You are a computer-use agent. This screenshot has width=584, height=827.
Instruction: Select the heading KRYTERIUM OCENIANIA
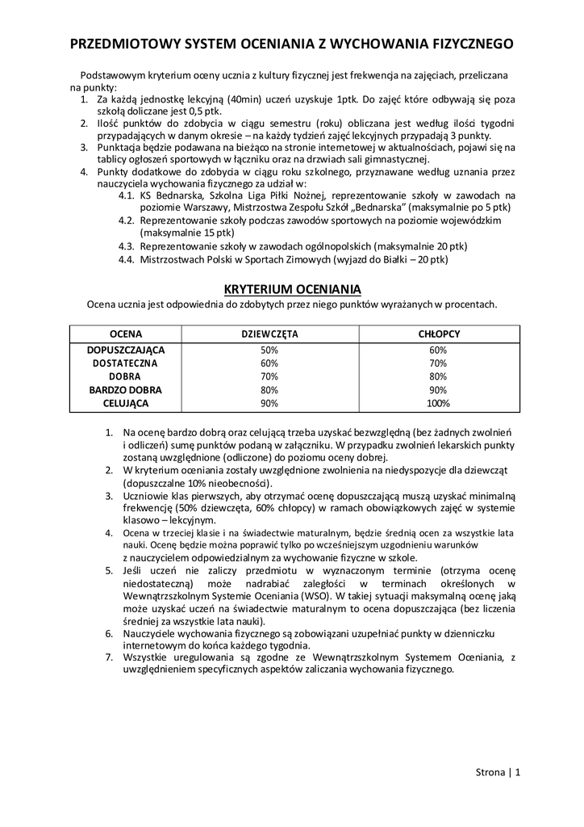tap(291, 289)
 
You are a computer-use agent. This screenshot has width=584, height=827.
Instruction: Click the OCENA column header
tap(125, 334)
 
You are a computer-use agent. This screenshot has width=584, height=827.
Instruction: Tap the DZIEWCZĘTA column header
tap(269, 334)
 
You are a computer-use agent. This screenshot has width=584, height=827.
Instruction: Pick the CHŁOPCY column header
tap(438, 334)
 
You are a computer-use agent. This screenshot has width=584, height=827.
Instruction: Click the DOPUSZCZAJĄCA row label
tap(125, 350)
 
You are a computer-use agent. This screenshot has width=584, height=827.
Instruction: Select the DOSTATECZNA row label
tap(125, 363)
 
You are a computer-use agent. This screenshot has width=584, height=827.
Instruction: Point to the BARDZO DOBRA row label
tap(125, 390)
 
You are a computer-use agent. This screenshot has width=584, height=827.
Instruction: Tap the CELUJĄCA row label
tap(125, 403)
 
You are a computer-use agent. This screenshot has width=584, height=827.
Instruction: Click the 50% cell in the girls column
tap(269, 350)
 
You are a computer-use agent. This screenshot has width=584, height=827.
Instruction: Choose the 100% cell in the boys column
tap(438, 403)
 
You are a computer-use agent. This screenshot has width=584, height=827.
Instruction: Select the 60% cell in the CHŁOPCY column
tap(438, 350)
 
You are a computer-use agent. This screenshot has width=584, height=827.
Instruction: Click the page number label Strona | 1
tap(498, 771)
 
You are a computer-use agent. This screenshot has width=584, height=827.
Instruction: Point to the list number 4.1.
tap(127, 195)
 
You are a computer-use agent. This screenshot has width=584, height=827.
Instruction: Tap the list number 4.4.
tap(127, 260)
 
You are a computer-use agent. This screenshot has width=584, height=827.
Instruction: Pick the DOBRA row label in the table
tap(125, 376)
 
